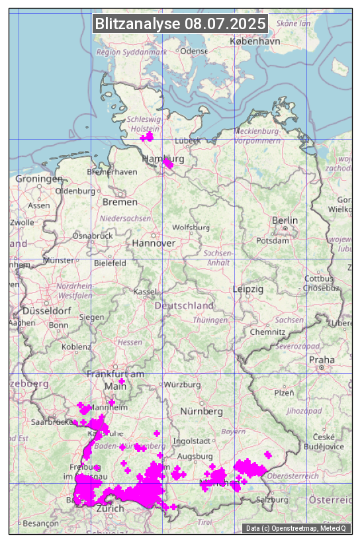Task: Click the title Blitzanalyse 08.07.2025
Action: click(x=180, y=24)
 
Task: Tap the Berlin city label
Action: click(x=285, y=220)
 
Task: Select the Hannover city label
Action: click(x=154, y=243)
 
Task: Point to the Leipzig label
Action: click(x=248, y=289)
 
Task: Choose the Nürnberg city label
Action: click(x=202, y=411)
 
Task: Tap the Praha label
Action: click(x=321, y=359)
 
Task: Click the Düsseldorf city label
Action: click(x=46, y=310)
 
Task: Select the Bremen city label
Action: click(x=120, y=202)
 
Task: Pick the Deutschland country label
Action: click(x=184, y=306)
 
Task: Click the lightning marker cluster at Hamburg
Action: click(x=169, y=162)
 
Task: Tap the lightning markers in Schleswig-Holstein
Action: click(x=147, y=136)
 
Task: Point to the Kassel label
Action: click(x=144, y=292)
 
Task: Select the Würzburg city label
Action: click(x=182, y=385)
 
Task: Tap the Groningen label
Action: click(x=39, y=179)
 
